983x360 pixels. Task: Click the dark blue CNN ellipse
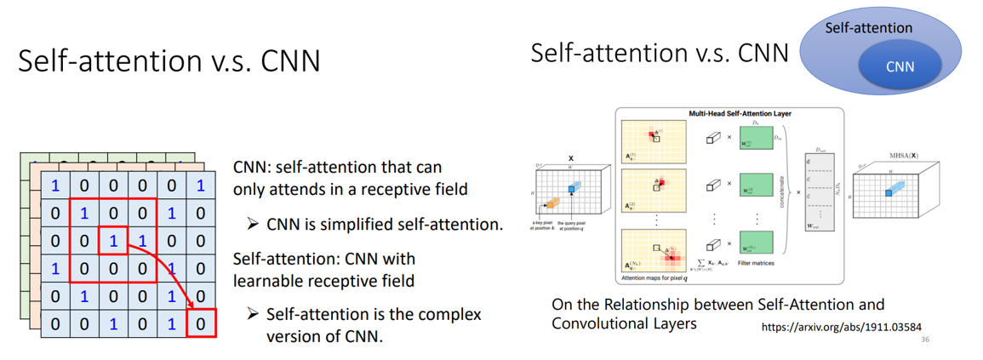pos(900,66)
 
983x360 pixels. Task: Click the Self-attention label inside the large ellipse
pos(868,28)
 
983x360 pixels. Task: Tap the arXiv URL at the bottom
pos(840,327)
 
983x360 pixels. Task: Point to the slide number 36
pos(927,340)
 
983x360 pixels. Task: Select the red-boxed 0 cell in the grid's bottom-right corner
pos(201,323)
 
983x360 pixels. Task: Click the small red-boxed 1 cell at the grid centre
pos(112,241)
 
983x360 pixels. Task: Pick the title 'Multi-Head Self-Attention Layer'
pos(728,113)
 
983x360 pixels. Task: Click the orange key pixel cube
pos(551,203)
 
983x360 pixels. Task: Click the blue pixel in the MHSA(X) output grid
pos(890,192)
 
